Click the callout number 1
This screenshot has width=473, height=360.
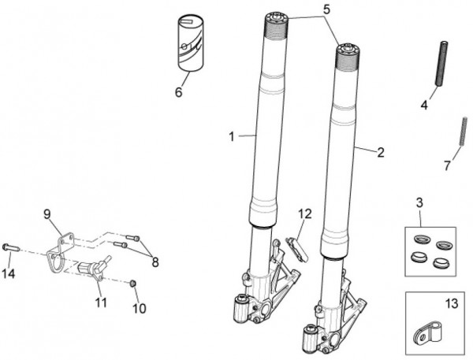click(x=231, y=137)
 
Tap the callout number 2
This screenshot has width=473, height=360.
click(x=381, y=153)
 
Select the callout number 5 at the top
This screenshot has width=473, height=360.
click(x=326, y=9)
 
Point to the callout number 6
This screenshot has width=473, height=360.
click(x=179, y=92)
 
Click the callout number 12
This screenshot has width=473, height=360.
click(x=305, y=214)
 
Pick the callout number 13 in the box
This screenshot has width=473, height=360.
click(x=452, y=303)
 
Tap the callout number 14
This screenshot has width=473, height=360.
click(x=9, y=274)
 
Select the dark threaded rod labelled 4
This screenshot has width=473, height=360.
click(x=441, y=63)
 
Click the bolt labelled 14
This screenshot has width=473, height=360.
click(x=11, y=247)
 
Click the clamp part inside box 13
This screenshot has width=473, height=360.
click(x=429, y=333)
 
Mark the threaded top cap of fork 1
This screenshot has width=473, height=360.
click(x=277, y=24)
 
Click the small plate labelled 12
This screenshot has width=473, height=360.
click(x=296, y=250)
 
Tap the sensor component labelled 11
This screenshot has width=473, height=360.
click(x=92, y=266)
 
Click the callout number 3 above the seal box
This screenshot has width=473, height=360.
click(x=419, y=203)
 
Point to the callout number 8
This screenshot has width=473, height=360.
click(x=155, y=262)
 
